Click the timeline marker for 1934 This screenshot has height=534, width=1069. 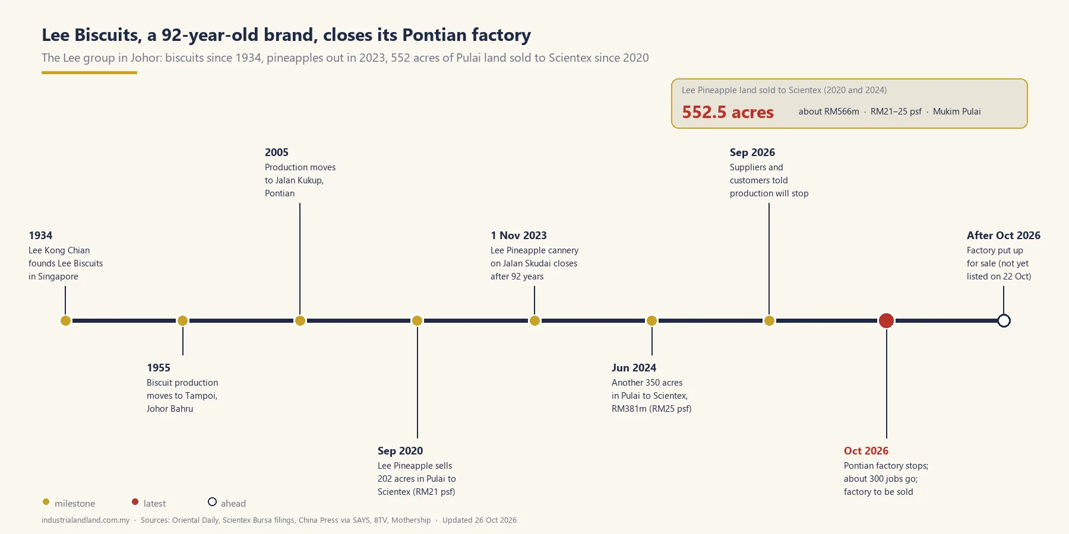pos(65,320)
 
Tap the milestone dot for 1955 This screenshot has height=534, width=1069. pos(182,320)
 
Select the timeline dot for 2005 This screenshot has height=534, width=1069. pos(300,320)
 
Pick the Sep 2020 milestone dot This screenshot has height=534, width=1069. pos(417,320)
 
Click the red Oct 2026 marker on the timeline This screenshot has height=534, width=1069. pos(886,320)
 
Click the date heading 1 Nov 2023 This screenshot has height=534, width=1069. pos(518,236)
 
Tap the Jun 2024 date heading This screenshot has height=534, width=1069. pos(634,368)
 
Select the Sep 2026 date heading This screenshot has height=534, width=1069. pos(752,152)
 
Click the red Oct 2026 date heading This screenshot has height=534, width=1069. pos(866,451)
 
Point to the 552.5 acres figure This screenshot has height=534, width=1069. pos(728,112)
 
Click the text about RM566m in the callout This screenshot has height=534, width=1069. pos(828,112)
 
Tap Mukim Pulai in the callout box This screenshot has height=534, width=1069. pos(957,112)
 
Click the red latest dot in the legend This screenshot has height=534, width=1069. pos(135,502)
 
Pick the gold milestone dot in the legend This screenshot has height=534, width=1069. pos(46,502)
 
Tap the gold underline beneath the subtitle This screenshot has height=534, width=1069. pos(89,73)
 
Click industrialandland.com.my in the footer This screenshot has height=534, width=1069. pos(86,520)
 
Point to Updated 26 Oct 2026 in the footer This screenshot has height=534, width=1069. pos(479,520)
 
